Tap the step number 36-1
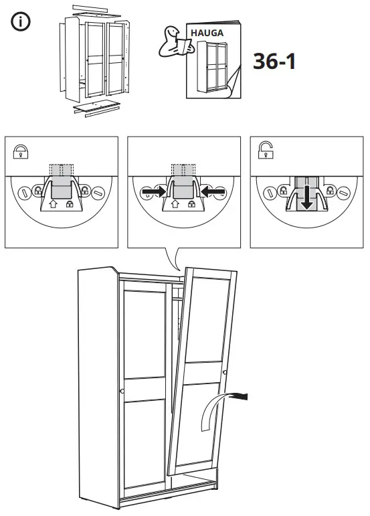[274, 61]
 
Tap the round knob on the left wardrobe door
[121, 391]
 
